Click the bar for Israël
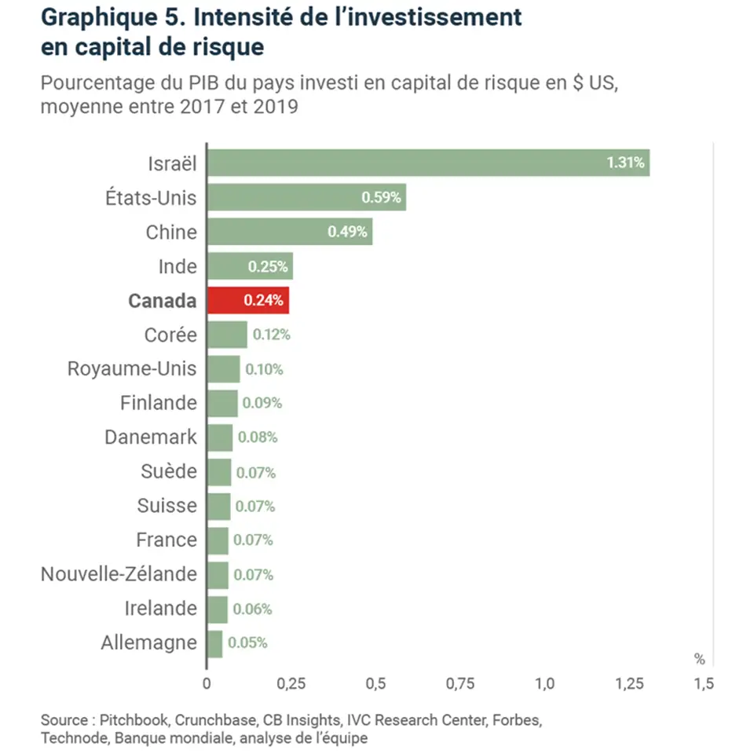428,163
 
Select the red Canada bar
247,300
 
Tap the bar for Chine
289,232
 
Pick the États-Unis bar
306,197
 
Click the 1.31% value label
625,163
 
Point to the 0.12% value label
271,335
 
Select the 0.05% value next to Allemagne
247,642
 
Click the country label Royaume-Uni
132,368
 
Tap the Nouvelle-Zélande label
119,574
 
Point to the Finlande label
158,403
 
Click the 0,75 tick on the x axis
460,684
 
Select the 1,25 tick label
630,684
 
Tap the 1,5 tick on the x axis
704,684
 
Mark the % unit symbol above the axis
699,657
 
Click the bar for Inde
250,266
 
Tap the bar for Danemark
220,437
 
